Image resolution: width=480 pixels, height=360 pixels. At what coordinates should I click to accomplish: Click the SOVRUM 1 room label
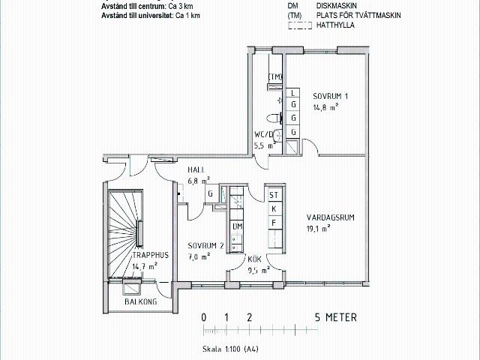(330, 96)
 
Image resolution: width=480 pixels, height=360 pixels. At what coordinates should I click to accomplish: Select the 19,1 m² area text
(318, 228)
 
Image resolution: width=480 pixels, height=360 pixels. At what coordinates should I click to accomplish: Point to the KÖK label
(254, 259)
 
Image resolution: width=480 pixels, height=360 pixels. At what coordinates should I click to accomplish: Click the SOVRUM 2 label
(205, 245)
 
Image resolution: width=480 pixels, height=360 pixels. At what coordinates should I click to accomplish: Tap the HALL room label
(196, 170)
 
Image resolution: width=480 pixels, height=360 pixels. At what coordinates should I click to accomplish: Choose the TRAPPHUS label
(151, 255)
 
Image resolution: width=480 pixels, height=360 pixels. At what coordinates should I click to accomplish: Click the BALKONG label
(141, 301)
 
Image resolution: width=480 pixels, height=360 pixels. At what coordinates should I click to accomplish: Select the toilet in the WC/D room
(274, 118)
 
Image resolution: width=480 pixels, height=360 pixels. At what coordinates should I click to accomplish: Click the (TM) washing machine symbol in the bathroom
(275, 76)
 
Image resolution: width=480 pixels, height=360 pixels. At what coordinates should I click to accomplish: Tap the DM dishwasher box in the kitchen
(237, 226)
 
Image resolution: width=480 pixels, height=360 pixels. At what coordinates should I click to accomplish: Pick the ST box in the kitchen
(274, 195)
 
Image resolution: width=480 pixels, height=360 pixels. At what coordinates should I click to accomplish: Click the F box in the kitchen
(274, 223)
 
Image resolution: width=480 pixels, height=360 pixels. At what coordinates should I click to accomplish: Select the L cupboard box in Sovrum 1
(293, 93)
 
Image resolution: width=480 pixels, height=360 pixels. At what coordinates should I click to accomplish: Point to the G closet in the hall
(211, 193)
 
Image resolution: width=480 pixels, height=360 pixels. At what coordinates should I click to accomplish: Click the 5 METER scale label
(336, 317)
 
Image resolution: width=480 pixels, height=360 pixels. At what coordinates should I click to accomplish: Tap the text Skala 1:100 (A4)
(230, 349)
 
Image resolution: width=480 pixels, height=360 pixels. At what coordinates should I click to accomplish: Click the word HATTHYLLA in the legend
(335, 25)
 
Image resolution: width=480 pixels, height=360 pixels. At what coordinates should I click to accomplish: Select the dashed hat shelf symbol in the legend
(300, 25)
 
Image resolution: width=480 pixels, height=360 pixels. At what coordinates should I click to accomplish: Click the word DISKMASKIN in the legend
(337, 5)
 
